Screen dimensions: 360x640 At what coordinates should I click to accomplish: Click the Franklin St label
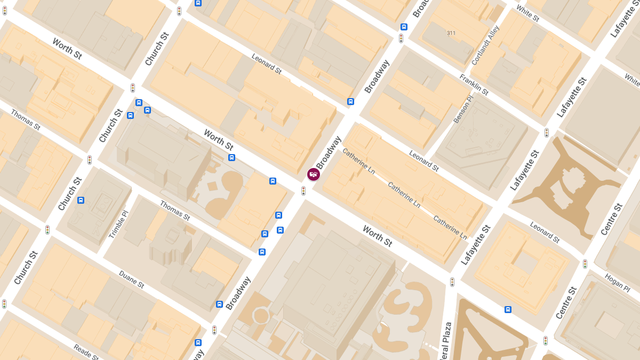pyautogui.click(x=474, y=85)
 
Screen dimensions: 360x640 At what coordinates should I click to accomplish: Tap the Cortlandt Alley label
pyautogui.click(x=485, y=45)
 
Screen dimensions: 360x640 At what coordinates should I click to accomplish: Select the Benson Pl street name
pyautogui.click(x=463, y=110)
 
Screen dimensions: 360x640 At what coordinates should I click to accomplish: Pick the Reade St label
pyautogui.click(x=86, y=352)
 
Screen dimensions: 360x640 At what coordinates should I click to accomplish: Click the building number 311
pyautogui.click(x=451, y=33)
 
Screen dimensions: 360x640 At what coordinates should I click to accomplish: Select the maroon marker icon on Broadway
pyautogui.click(x=314, y=174)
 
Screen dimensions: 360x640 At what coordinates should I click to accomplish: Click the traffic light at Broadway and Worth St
pyautogui.click(x=303, y=190)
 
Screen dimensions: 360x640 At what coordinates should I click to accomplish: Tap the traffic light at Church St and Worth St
pyautogui.click(x=133, y=88)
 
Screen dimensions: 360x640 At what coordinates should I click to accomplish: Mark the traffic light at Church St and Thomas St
pyautogui.click(x=90, y=159)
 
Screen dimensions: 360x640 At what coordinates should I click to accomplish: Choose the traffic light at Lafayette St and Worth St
pyautogui.click(x=452, y=282)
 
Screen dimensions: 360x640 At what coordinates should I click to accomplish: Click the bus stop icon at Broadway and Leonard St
pyautogui.click(x=350, y=101)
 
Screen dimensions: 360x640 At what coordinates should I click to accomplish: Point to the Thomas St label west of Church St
pyautogui.click(x=26, y=120)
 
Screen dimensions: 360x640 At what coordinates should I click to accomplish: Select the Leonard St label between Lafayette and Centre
pyautogui.click(x=545, y=232)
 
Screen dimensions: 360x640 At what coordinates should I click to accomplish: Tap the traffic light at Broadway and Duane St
pyautogui.click(x=214, y=330)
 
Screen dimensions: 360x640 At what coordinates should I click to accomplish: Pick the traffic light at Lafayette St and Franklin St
pyautogui.click(x=547, y=133)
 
